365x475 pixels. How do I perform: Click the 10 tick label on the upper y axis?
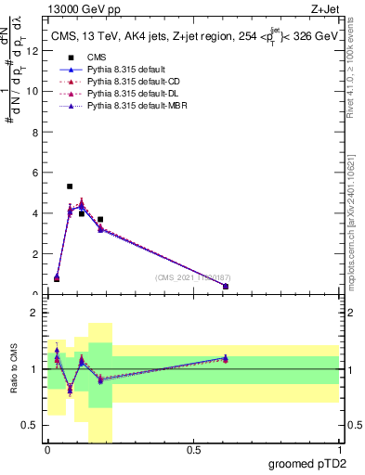pyautogui.click(x=34, y=91)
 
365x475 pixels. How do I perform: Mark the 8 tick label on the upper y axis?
pyautogui.click(x=36, y=132)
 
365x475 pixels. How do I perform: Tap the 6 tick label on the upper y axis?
pyautogui.click(x=36, y=173)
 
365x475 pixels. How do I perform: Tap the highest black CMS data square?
pyautogui.click(x=70, y=186)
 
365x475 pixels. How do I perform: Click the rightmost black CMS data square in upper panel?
pyautogui.click(x=226, y=287)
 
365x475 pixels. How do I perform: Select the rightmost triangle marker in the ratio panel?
pyautogui.click(x=226, y=358)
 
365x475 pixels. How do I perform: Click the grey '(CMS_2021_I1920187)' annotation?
pyautogui.click(x=194, y=277)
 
